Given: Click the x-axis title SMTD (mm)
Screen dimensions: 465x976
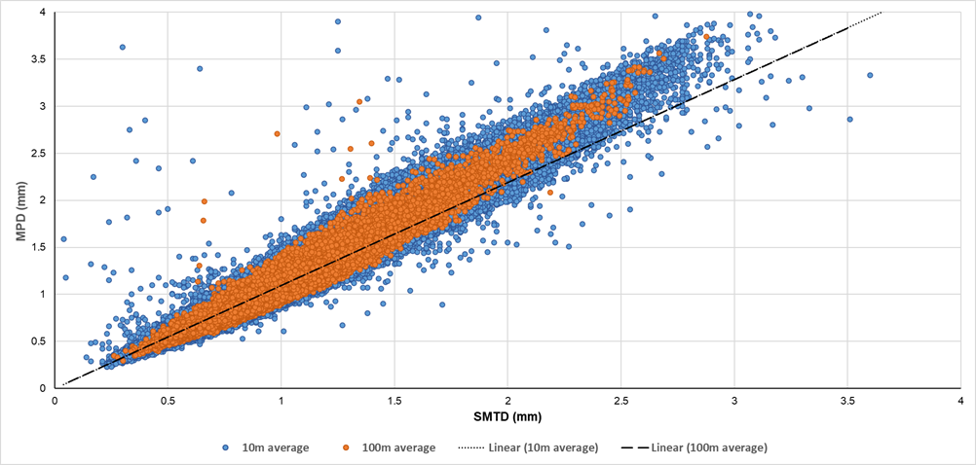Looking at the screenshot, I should pos(507,416).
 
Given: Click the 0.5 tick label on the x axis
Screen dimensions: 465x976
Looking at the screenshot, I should pos(168,400).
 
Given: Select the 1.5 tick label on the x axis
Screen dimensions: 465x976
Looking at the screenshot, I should pos(394,400).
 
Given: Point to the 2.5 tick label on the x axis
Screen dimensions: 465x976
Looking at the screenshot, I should pos(620,400).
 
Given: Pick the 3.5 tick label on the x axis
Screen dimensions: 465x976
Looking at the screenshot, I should pos(846,400).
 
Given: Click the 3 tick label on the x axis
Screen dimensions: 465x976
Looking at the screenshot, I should pos(733,400).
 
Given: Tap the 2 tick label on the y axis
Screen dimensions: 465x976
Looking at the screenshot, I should pos(44,199).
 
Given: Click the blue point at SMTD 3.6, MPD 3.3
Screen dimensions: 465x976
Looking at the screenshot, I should pos(870,75).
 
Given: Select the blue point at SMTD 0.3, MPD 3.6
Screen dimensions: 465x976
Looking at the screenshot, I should pos(123,47).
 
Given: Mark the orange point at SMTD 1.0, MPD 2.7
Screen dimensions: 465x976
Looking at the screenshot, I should pos(278,133).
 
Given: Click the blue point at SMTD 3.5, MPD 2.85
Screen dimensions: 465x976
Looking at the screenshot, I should pos(849,119).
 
